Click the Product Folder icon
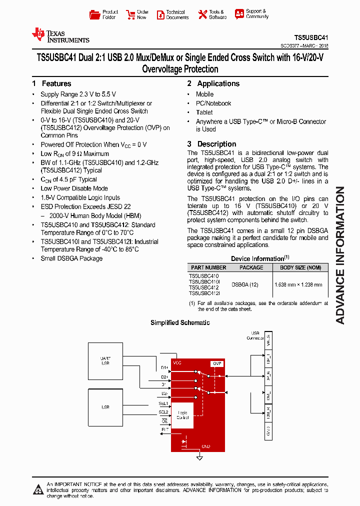[94, 14]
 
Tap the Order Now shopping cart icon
[130, 14]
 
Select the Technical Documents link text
[177, 14]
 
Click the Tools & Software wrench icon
[202, 14]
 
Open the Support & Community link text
[257, 13]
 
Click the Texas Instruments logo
[60, 35]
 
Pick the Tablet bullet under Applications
[204, 112]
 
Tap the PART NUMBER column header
[208, 267]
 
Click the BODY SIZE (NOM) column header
[300, 267]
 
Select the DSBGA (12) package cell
[244, 284]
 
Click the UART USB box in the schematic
[105, 360]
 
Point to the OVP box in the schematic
[216, 363]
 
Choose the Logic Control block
[183, 415]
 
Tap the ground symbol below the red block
[199, 457]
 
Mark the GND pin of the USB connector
[268, 430]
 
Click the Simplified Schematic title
[180, 322]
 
